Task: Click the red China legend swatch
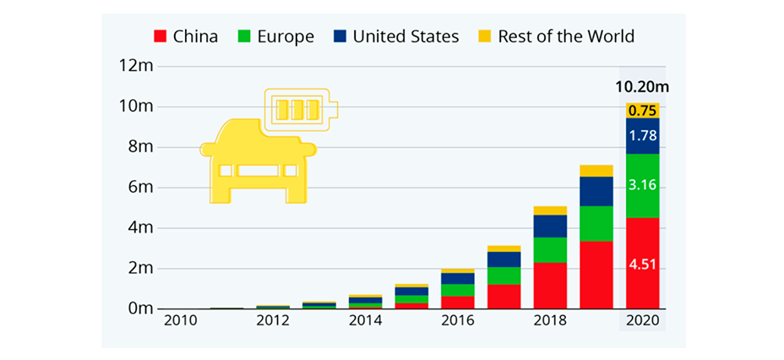159,36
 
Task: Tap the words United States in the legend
406,36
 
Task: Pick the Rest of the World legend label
565,36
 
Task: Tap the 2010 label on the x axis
181,322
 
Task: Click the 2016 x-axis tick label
457,322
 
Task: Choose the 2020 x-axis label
642,322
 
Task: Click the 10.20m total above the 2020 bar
640,87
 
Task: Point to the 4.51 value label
642,265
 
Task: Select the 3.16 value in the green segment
642,185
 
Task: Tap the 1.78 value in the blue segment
642,135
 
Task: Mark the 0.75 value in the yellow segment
642,110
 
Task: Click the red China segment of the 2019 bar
596,275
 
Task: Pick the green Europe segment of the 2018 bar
550,250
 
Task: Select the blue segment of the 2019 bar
596,191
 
